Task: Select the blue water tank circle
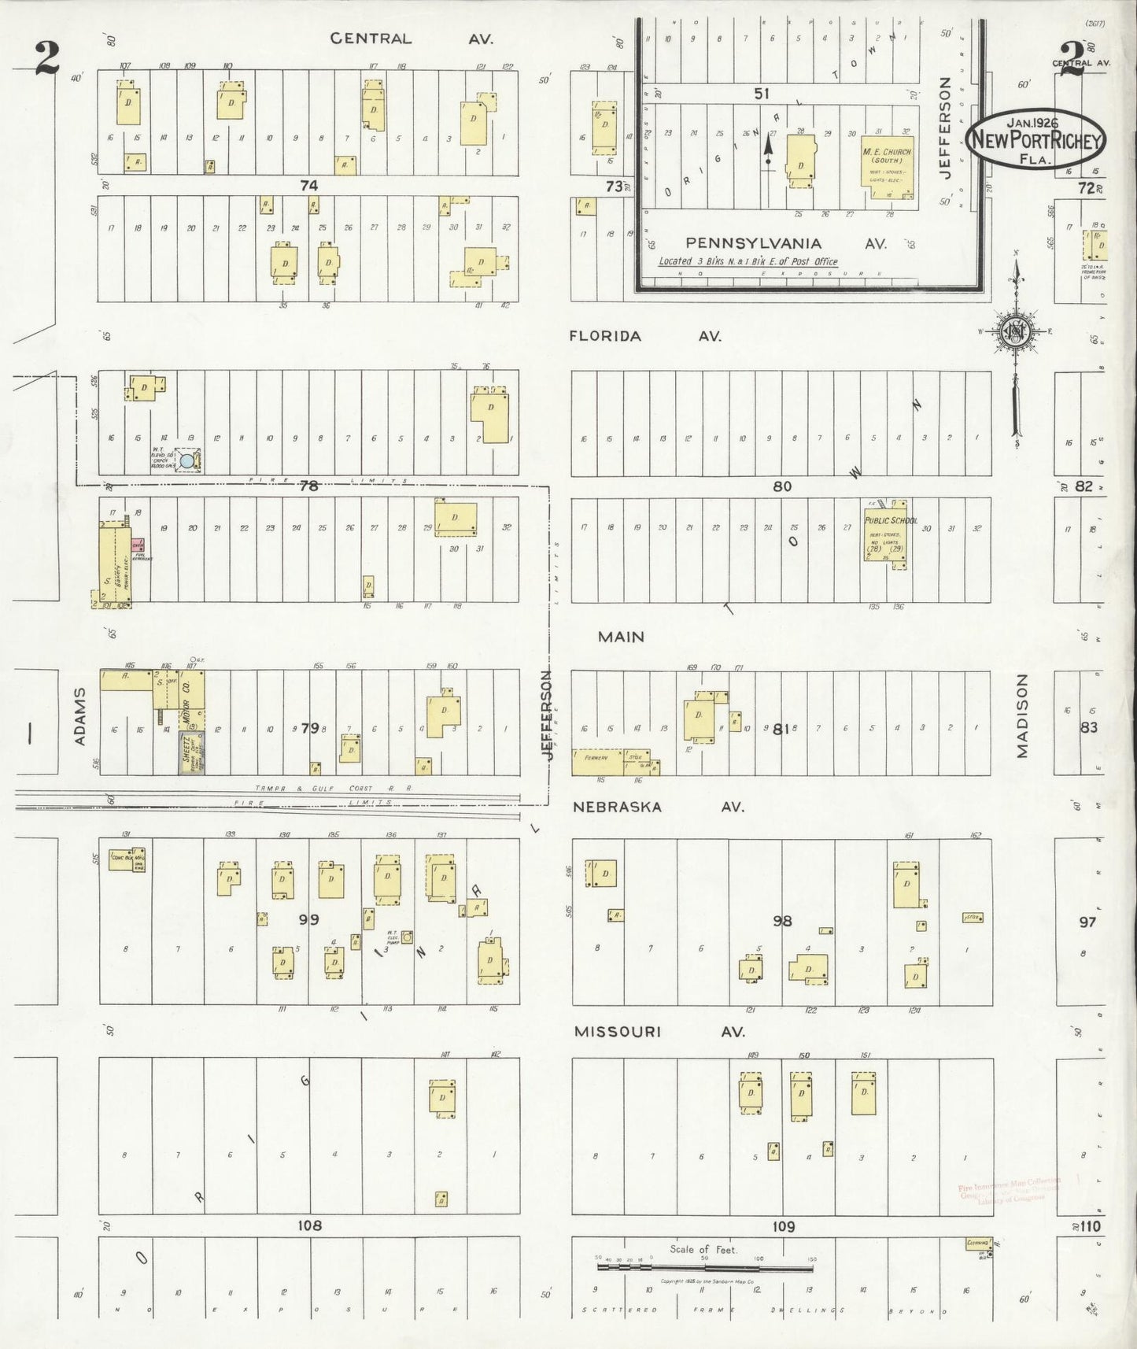click(x=186, y=461)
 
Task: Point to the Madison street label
click(x=1022, y=715)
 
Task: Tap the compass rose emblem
click(x=1014, y=331)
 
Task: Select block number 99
click(x=308, y=918)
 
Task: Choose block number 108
click(x=309, y=1225)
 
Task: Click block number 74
click(x=308, y=186)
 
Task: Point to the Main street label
click(x=621, y=637)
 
